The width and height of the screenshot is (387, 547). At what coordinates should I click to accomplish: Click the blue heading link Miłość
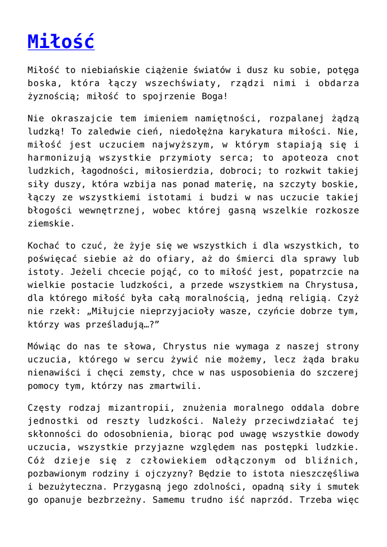tap(61, 42)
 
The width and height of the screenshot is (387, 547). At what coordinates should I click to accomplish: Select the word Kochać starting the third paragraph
tap(43, 246)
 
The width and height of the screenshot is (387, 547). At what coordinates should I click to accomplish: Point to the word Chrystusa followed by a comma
tap(328, 285)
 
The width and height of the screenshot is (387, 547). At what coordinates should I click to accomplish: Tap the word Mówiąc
tap(43, 346)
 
